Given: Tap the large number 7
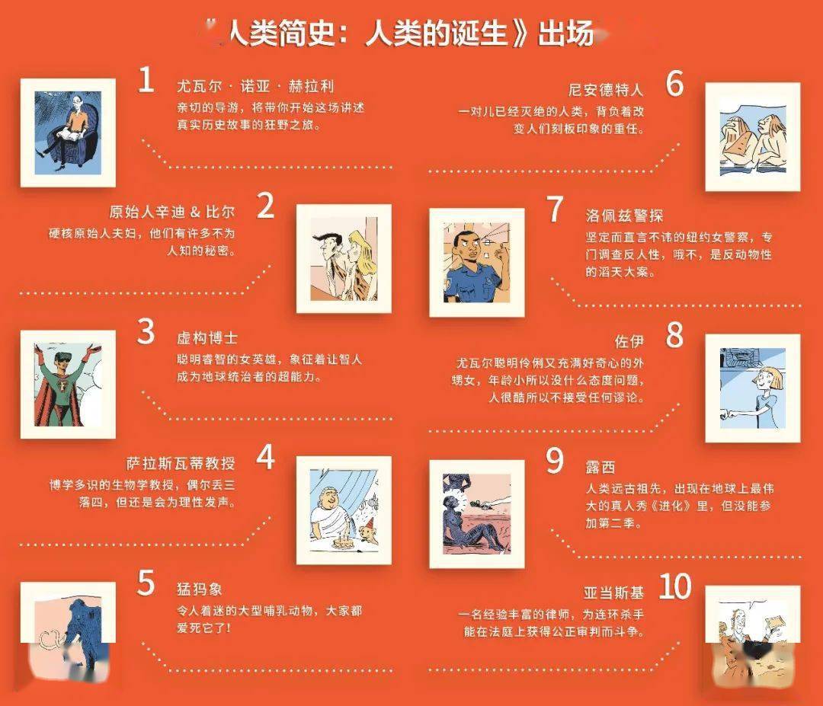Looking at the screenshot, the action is point(555,209).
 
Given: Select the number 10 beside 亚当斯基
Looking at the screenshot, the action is point(674,586).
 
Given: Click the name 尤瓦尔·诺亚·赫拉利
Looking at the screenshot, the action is point(255,86).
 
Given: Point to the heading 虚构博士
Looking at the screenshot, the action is point(207,338).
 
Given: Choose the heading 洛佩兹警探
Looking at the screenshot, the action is point(624,216).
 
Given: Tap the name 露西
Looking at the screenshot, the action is point(600,468).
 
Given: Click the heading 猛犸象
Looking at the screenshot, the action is point(200,589).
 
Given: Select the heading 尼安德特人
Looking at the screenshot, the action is point(606,90).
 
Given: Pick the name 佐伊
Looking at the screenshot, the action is point(629,342).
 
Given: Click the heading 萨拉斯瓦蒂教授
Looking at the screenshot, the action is point(180,464).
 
